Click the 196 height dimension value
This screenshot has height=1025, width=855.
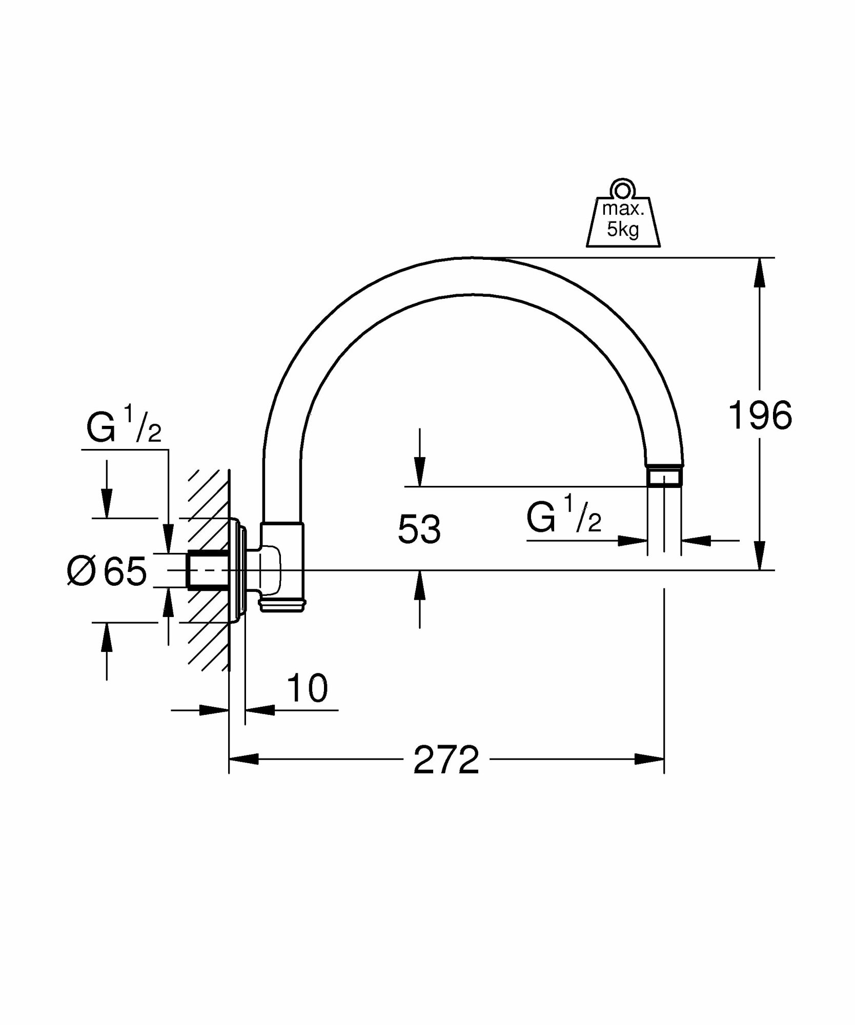coord(760,415)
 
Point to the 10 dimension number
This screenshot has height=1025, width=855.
coord(307,688)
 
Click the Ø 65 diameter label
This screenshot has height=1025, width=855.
coord(107,571)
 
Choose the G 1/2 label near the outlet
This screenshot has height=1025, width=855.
coord(563,518)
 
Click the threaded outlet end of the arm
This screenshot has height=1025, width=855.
coord(664,477)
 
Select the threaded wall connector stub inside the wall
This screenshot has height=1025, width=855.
coord(208,570)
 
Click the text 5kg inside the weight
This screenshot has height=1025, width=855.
coord(623,230)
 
